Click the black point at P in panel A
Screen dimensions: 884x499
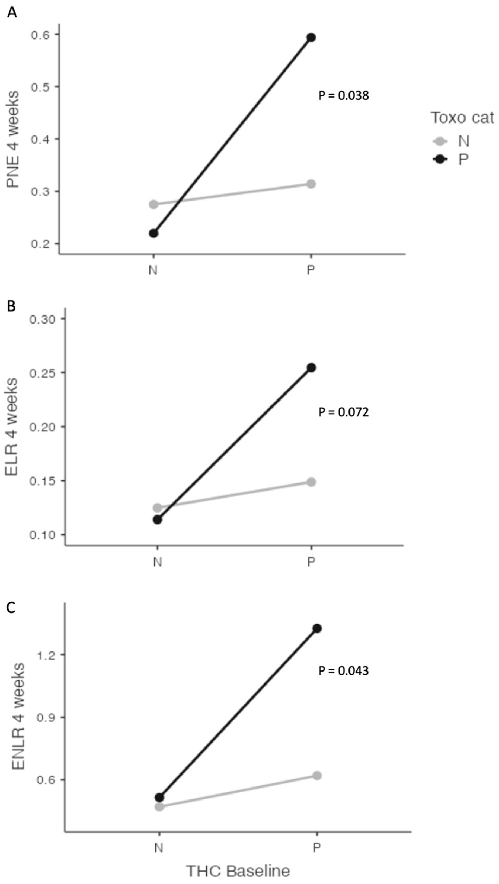tap(311, 37)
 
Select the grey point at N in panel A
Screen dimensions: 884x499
tap(153, 204)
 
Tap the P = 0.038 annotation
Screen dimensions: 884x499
tap(343, 95)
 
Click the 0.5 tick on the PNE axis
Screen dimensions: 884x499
tap(40, 86)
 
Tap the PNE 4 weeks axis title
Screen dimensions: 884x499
tap(13, 139)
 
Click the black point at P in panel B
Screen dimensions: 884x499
tap(311, 368)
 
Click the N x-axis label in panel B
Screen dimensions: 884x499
tap(157, 562)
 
